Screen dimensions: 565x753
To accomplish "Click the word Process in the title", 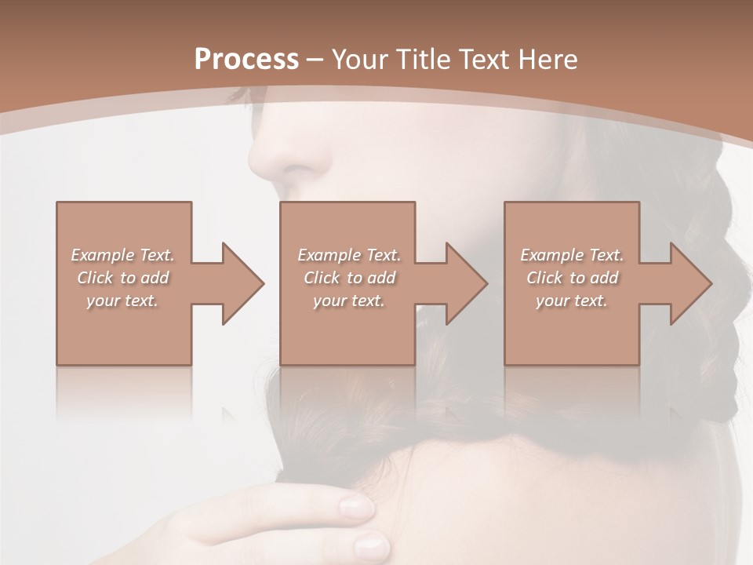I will pyautogui.click(x=246, y=60).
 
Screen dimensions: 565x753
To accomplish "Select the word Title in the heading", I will pyautogui.click(x=421, y=60).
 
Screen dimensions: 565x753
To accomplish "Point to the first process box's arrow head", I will pyautogui.click(x=244, y=283).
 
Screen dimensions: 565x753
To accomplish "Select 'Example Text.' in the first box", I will pyautogui.click(x=123, y=255).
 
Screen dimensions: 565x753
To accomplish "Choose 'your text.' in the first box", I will pyautogui.click(x=123, y=301).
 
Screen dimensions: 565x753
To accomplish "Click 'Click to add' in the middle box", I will pyautogui.click(x=349, y=278).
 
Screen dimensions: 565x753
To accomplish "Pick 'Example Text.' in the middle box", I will pyautogui.click(x=349, y=255).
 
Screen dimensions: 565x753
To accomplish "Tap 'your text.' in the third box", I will pyautogui.click(x=572, y=301).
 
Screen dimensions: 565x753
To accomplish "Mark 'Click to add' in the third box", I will pyautogui.click(x=572, y=278).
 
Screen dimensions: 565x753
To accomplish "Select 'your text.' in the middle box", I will pyautogui.click(x=349, y=301).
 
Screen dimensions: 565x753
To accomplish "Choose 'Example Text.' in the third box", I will pyautogui.click(x=572, y=255).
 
